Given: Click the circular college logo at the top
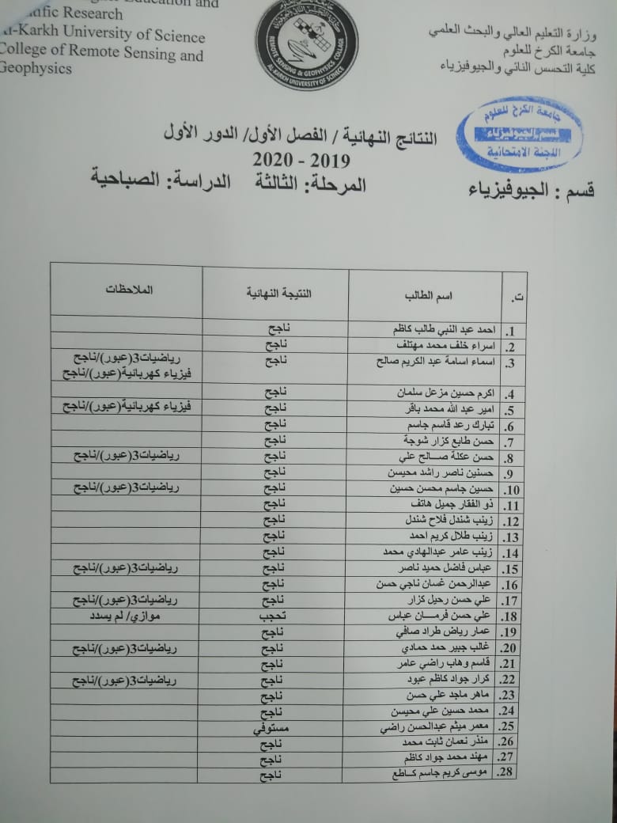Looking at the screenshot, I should pyautogui.click(x=307, y=44).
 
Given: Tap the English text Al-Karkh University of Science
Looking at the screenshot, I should pyautogui.click(x=103, y=36).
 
